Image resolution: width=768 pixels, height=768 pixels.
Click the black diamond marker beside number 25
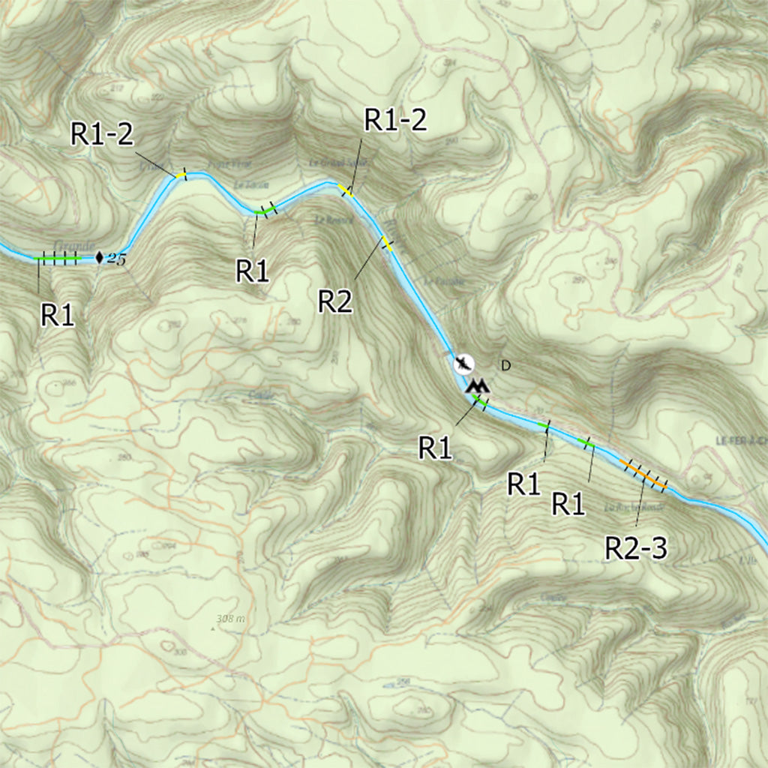pyautogui.click(x=100, y=259)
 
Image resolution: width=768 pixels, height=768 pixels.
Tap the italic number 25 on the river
pyautogui.click(x=116, y=259)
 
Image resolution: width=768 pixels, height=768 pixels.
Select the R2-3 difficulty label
pyautogui.click(x=636, y=549)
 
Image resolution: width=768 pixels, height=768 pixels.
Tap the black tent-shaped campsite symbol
pyautogui.click(x=478, y=386)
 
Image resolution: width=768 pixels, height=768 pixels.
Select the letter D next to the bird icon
pyautogui.click(x=505, y=366)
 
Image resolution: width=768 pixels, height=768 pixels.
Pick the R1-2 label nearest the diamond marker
pyautogui.click(x=103, y=133)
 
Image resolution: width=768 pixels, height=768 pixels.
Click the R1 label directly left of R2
pyautogui.click(x=253, y=271)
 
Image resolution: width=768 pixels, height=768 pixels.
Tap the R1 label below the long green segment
pyautogui.click(x=58, y=316)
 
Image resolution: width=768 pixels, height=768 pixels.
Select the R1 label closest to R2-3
pyautogui.click(x=569, y=504)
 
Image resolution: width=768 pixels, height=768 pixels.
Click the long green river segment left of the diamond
pyautogui.click(x=58, y=259)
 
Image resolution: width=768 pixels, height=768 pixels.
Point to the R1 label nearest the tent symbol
pyautogui.click(x=436, y=448)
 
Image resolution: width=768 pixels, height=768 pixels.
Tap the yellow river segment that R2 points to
pyautogui.click(x=387, y=243)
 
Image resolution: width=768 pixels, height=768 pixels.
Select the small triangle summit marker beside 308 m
pyautogui.click(x=212, y=629)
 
